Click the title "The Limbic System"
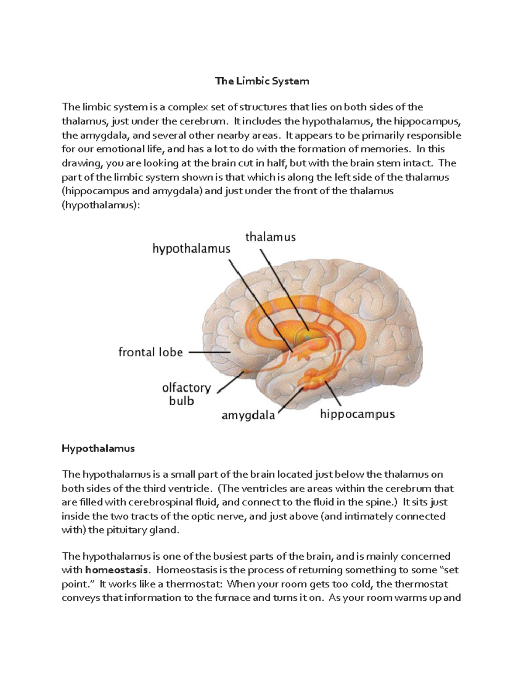click(262, 81)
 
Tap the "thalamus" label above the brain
click(270, 237)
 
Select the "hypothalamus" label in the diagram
click(191, 249)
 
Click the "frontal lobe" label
click(150, 352)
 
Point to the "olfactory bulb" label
click(186, 394)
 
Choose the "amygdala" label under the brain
click(248, 416)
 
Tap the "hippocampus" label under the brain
click(357, 414)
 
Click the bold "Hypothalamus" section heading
click(98, 448)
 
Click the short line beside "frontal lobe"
click(201, 352)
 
